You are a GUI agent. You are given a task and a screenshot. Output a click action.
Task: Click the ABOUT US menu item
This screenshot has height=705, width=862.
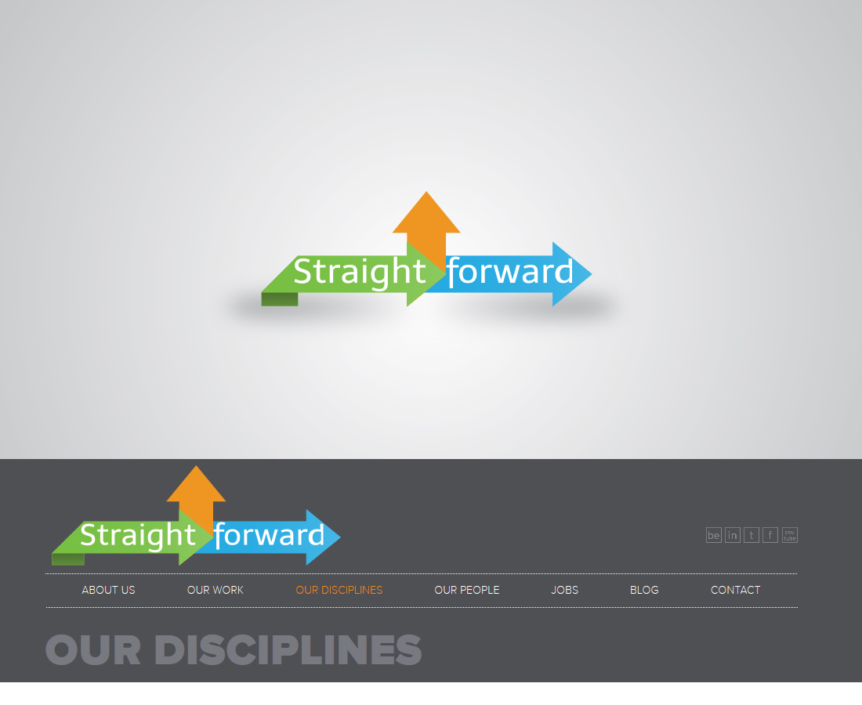pos(108,590)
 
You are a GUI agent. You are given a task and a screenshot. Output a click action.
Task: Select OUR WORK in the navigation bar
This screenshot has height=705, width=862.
pos(215,590)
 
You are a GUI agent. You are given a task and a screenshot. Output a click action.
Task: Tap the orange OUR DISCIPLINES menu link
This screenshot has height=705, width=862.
pos(339,590)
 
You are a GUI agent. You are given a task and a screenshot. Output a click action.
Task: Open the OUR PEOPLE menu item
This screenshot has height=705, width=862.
pos(467,590)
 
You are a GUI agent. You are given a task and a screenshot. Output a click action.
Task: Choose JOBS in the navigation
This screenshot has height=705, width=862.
pos(564,590)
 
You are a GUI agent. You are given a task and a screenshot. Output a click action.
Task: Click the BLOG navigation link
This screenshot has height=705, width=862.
pos(644,590)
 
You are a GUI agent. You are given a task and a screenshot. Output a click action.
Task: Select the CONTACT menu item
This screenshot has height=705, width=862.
pos(736,590)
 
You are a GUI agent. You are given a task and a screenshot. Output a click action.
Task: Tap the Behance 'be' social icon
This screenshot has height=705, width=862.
pos(714,535)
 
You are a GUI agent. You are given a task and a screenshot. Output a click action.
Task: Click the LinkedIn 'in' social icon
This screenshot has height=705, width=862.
pos(732,535)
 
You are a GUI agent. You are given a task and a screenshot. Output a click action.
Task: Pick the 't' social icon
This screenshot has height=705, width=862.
pos(752,535)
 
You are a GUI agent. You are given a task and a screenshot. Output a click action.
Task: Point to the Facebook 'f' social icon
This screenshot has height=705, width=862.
pos(770,535)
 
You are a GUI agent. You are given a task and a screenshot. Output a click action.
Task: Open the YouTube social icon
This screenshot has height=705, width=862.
pos(789,535)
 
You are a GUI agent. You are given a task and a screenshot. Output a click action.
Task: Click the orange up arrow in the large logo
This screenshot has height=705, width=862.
pos(426,226)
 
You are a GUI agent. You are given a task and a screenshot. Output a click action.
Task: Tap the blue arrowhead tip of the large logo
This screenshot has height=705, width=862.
pos(592,273)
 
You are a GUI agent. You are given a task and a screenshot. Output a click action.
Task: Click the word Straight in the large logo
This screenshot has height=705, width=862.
pos(360,272)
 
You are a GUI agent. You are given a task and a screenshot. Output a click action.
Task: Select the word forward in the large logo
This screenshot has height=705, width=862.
pos(510,272)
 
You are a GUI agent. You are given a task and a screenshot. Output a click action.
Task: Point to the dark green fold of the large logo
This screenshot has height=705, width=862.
pos(280,299)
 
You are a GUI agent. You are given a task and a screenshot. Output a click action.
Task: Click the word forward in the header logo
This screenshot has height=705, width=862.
pos(270,535)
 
